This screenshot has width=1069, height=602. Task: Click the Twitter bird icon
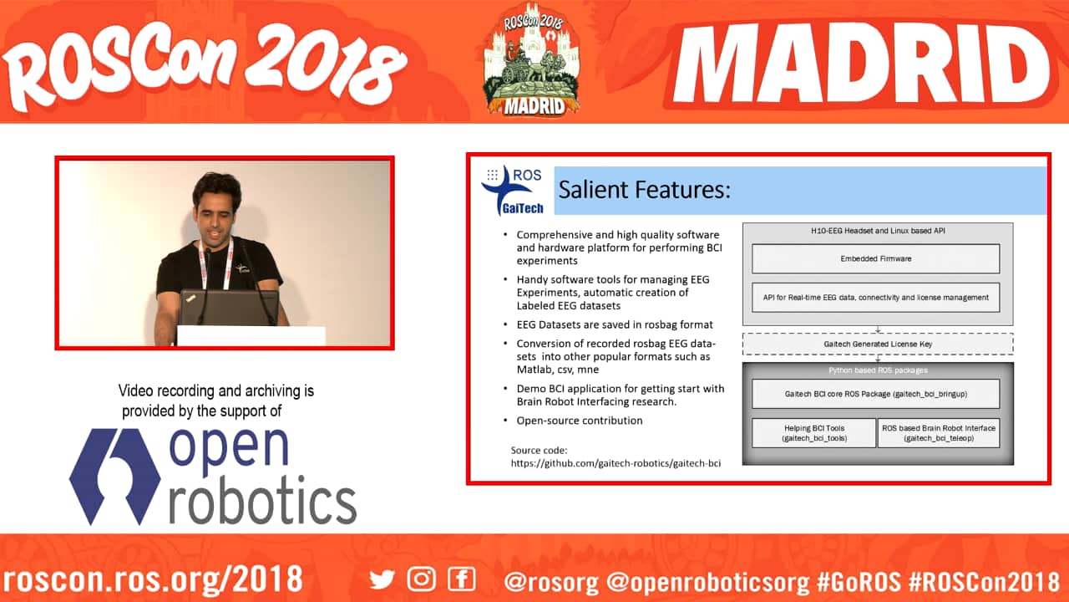point(382,579)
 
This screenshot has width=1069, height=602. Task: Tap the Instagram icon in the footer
point(422,579)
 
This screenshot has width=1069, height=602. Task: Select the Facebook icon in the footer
point(462,579)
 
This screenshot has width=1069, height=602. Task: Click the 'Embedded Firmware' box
point(876,258)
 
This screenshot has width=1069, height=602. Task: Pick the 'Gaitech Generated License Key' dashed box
point(878,344)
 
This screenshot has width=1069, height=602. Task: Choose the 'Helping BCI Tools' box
point(814,433)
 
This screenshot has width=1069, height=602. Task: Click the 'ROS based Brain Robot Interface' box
point(939,433)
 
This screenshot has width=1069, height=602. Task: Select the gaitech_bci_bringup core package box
point(876,394)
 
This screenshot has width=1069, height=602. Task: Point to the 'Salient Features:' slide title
point(644,190)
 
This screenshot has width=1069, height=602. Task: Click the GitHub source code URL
point(616,463)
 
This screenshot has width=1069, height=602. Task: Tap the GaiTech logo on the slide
point(512,191)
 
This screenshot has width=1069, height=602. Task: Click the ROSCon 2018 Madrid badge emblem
point(533,59)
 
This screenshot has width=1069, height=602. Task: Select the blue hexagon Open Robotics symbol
point(114,477)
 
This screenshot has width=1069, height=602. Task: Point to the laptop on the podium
point(229,309)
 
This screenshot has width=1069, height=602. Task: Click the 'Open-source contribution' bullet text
point(580,421)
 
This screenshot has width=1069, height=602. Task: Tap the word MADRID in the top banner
point(861,64)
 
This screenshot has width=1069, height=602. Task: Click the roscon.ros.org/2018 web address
point(153,580)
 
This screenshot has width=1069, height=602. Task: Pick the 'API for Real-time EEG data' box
point(876,297)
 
